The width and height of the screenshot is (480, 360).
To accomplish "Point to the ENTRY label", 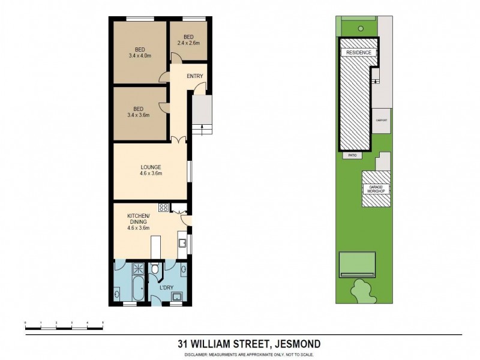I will coord(195,76).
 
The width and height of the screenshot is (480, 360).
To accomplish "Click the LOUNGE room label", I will coord(150,170).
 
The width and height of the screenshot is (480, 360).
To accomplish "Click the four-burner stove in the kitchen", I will coord(163,208).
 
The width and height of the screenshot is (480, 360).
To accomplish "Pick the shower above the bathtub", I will coord(137,268).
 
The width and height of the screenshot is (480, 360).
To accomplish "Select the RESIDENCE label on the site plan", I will coord(359,53).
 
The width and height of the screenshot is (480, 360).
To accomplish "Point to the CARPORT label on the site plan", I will coord(382,121).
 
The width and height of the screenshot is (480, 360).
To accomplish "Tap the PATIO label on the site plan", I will coord(351,155).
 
